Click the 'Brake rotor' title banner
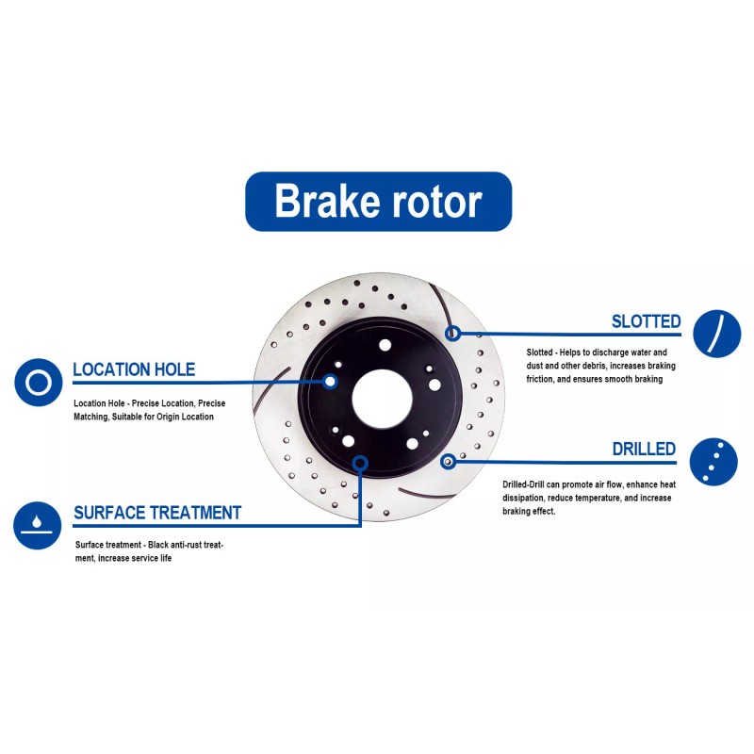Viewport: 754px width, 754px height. (x=378, y=202)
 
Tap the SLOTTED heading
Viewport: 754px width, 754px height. (x=646, y=321)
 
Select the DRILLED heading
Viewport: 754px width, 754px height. (x=644, y=449)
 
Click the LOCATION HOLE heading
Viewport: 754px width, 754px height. (x=134, y=369)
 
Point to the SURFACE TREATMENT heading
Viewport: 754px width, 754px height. (x=156, y=513)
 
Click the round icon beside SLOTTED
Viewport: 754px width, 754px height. (x=716, y=333)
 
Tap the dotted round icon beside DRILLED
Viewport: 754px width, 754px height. (x=713, y=461)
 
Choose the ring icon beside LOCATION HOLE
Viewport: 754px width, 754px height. (x=39, y=383)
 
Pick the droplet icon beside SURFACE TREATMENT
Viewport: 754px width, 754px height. (x=38, y=524)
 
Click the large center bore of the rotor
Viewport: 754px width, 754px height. (x=379, y=394)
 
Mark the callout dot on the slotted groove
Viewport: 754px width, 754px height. (x=452, y=333)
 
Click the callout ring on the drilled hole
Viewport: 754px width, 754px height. (x=448, y=461)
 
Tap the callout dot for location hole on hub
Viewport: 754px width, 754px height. (x=330, y=382)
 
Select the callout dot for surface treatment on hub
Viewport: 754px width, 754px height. (x=359, y=462)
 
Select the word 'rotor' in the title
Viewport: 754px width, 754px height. (x=433, y=202)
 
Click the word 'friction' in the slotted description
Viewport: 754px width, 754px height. (x=542, y=379)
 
